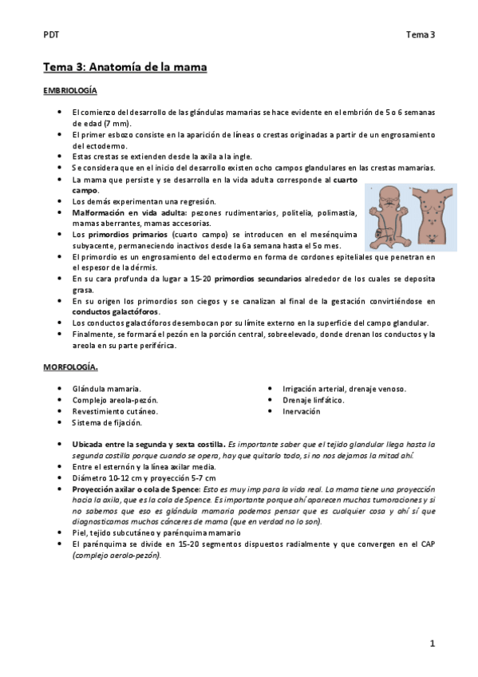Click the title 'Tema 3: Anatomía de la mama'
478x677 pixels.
pos(125,67)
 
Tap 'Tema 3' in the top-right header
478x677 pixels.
pos(420,34)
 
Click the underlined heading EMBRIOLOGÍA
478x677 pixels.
pos(70,92)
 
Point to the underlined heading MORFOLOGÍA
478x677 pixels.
pos(71,367)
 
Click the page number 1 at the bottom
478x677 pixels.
pos(432,643)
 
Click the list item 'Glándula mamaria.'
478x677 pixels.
pos(106,389)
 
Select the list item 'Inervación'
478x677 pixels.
pos(301,411)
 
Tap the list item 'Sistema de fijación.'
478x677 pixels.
pos(107,422)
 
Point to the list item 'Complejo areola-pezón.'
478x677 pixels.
pos(115,400)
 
